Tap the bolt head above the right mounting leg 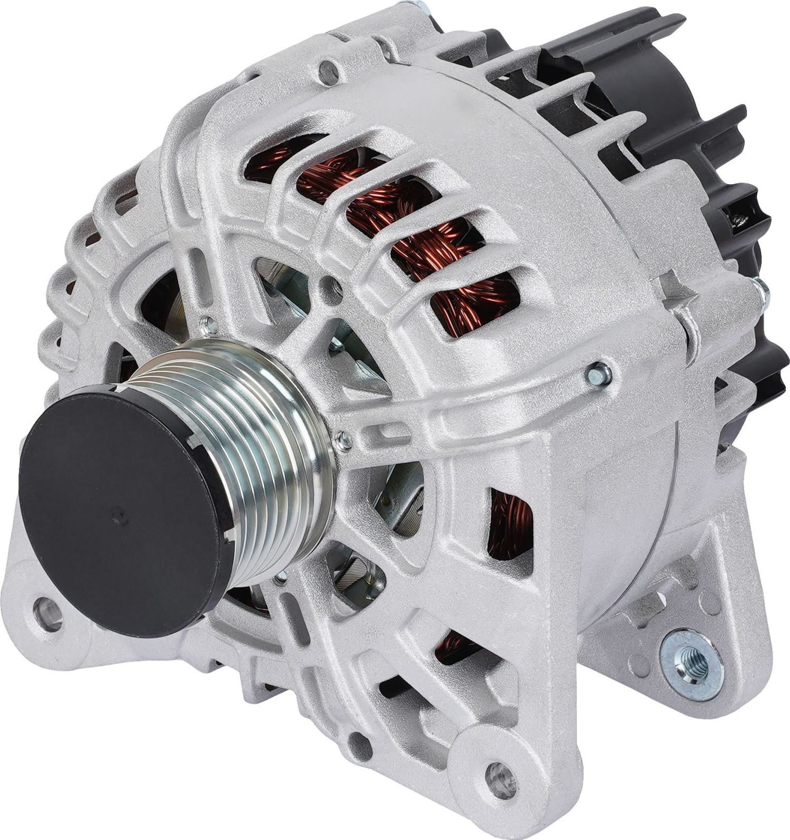(597, 372)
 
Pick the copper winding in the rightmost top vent (474, 300)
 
